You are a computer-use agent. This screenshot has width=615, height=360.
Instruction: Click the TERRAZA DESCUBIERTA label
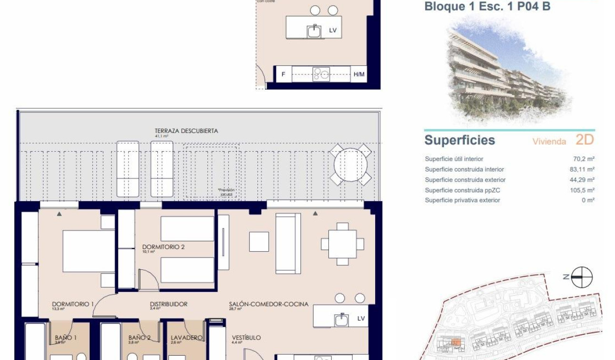tap(186, 131)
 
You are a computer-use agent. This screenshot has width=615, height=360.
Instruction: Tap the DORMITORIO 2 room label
tap(163, 247)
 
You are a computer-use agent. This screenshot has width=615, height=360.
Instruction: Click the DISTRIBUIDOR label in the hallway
tap(168, 304)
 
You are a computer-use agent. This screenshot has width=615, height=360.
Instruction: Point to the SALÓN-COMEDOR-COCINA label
tap(268, 304)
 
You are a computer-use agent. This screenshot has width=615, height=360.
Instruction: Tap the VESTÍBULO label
tap(246, 338)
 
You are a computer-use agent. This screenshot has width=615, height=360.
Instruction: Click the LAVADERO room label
tap(186, 338)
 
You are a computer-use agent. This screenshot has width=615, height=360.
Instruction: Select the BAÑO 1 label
tap(66, 338)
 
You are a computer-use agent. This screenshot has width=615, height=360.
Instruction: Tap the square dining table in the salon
tap(342, 244)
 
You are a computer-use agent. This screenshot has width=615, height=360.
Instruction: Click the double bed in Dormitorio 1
tap(89, 251)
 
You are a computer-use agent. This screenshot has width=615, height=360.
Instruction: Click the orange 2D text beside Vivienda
tap(584, 140)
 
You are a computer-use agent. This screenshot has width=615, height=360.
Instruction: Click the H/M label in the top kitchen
tap(359, 74)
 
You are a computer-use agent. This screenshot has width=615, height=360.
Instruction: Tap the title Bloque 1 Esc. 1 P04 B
tap(487, 7)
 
